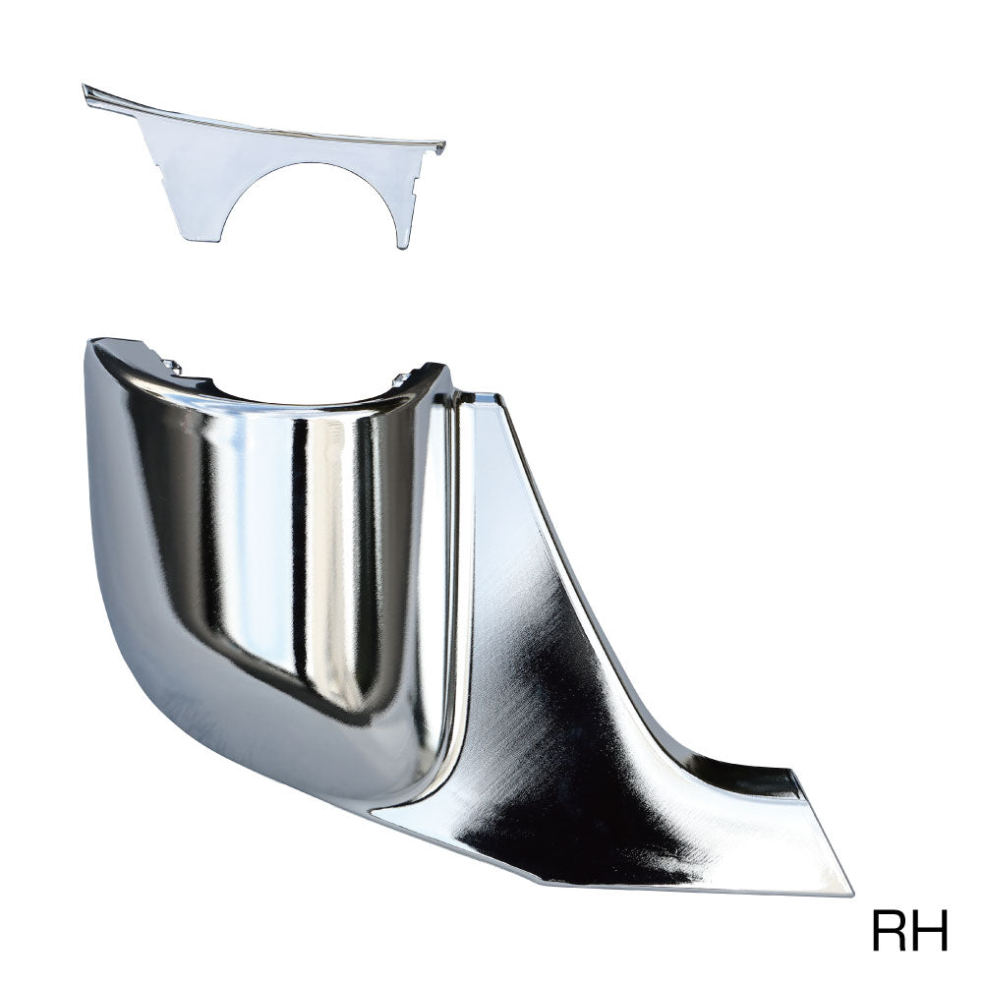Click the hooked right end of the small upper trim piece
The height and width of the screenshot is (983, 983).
point(440,147)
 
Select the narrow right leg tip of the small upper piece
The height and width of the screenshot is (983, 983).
point(402,244)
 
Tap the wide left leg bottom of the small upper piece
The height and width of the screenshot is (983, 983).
point(202,236)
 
